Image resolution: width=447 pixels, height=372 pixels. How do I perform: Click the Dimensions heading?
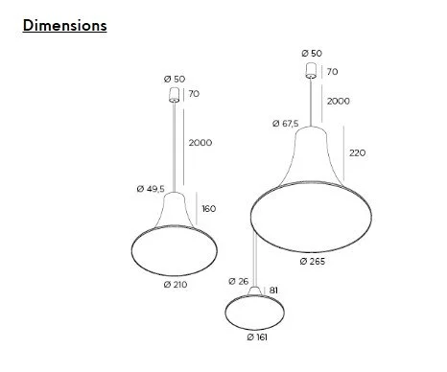tap(65, 26)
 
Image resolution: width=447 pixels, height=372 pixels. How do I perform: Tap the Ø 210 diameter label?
tap(176, 285)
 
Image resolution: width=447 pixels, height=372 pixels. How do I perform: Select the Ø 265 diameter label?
tap(313, 262)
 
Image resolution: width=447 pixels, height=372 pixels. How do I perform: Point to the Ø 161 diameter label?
tap(257, 337)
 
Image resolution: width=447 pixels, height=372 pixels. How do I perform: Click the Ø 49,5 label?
tap(151, 189)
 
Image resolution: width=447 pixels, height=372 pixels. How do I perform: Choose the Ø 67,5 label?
tap(286, 124)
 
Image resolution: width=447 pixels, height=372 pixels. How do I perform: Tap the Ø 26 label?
tap(239, 281)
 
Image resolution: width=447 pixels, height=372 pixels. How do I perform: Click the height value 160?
tap(209, 209)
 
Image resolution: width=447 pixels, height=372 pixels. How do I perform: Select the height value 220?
tap(357, 153)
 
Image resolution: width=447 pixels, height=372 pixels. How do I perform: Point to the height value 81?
tap(273, 291)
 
